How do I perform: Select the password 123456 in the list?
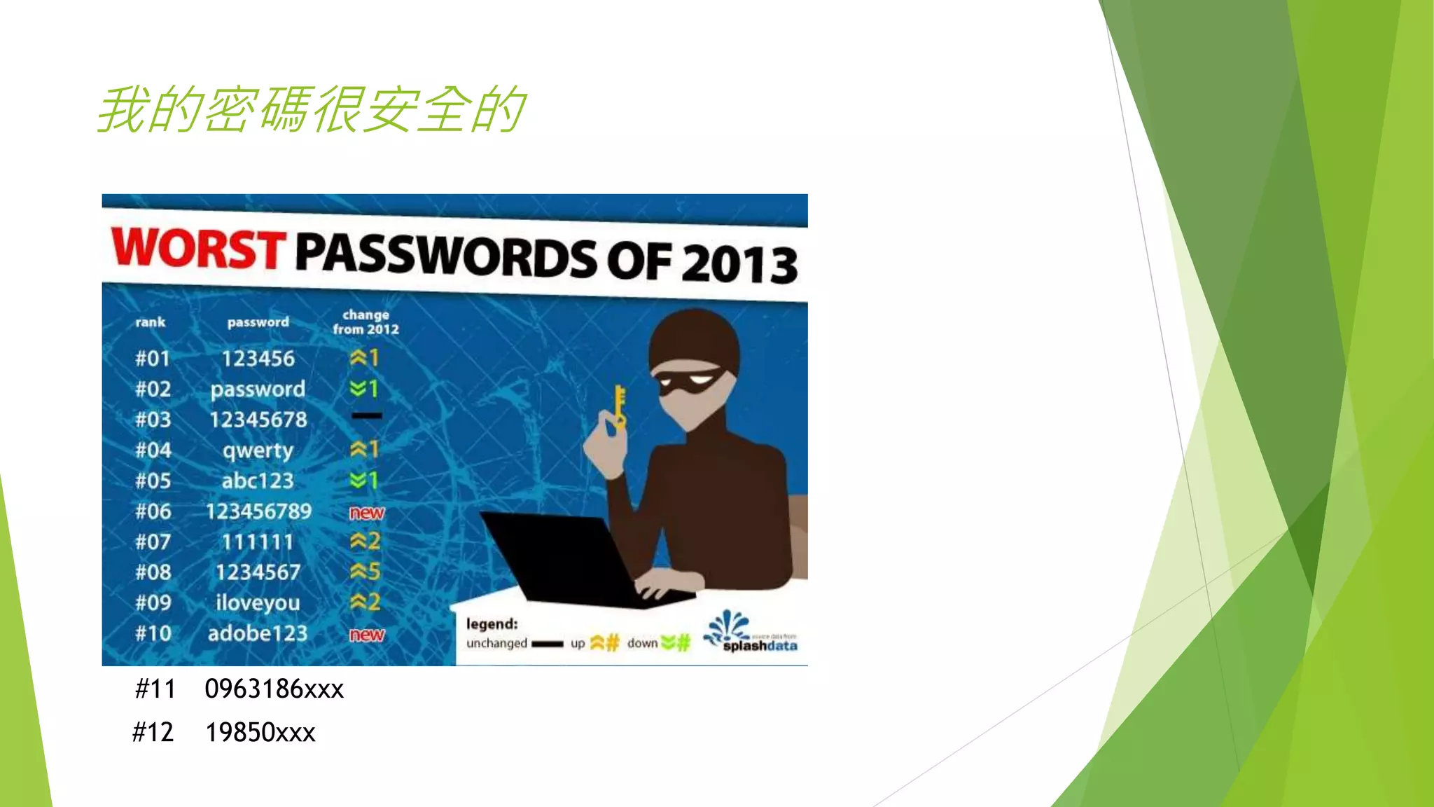pos(258,359)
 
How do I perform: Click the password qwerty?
pos(258,450)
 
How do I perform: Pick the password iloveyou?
pos(258,602)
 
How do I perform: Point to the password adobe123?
pos(258,633)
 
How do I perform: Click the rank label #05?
pos(153,481)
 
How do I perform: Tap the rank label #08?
pos(153,572)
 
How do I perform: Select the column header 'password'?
pos(258,322)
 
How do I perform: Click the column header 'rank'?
pos(150,322)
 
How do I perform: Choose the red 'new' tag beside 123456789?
pos(366,513)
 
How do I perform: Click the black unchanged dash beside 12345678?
pos(366,416)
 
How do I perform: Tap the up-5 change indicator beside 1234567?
pos(365,572)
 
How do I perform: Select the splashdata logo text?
pos(760,646)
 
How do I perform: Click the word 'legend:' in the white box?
pos(492,623)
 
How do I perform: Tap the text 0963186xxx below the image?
pos(274,689)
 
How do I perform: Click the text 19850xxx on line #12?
pos(260,733)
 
